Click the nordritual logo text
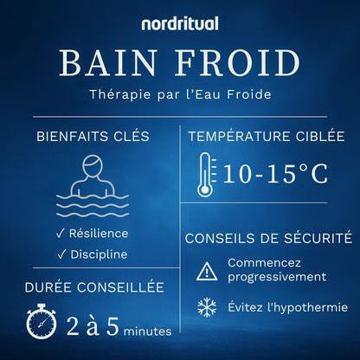[x=180, y=23]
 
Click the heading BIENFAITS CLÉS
[x=92, y=136]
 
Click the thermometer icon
[x=205, y=173]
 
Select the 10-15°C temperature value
[x=274, y=173]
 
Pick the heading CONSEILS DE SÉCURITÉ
[x=268, y=236]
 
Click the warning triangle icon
[x=207, y=271]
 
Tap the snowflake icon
[x=207, y=307]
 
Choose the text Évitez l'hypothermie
[x=287, y=307]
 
